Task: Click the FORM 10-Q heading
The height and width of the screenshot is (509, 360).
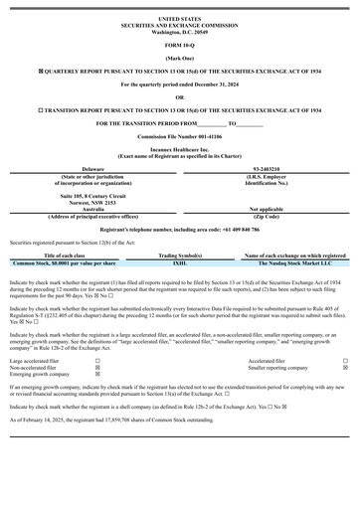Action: pyautogui.click(x=179, y=46)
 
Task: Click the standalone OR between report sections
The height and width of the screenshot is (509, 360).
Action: pyautogui.click(x=179, y=96)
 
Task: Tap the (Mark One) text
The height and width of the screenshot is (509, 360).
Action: pyautogui.click(x=179, y=59)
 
